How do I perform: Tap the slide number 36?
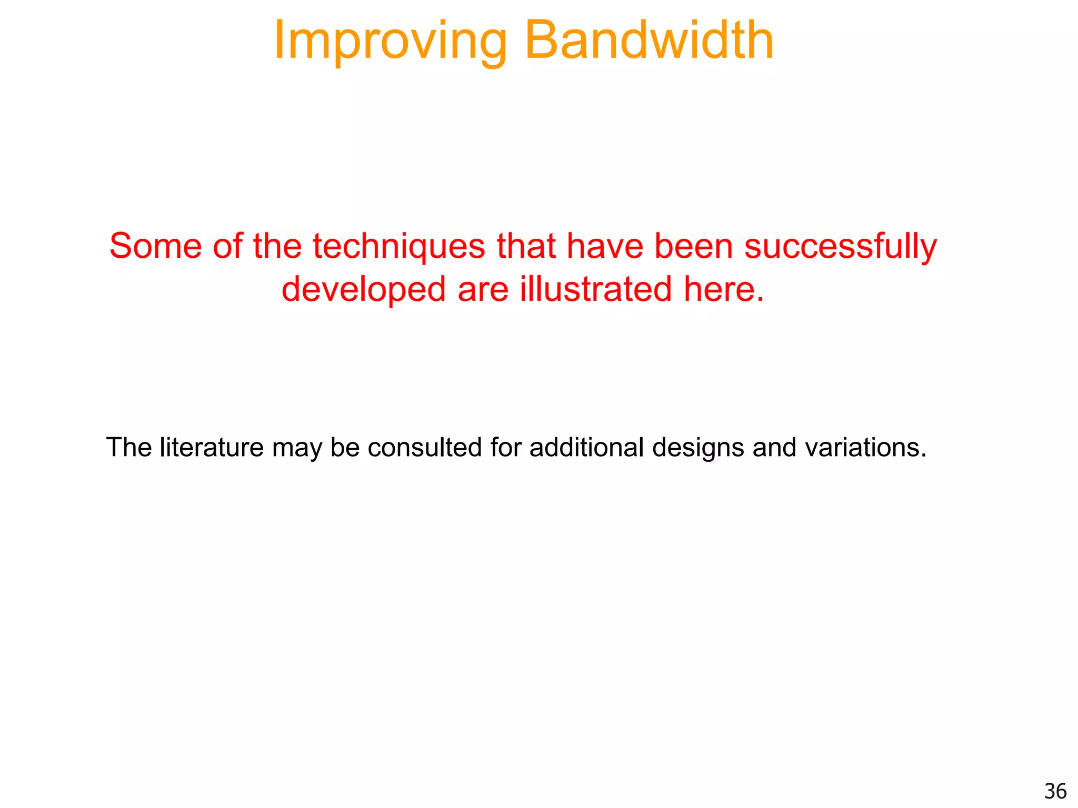click(1055, 791)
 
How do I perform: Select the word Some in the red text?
click(155, 246)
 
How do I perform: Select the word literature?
click(212, 448)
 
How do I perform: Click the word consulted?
click(424, 448)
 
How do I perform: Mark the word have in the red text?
click(605, 246)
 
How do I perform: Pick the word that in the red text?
click(526, 246)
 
